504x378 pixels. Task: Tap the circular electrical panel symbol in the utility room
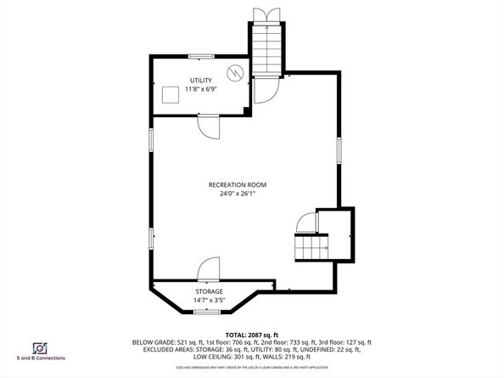point(237,71)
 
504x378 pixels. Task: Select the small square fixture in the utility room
point(171,94)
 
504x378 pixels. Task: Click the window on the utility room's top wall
point(200,56)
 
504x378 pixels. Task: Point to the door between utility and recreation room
point(208,125)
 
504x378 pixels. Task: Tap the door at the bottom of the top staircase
point(266,87)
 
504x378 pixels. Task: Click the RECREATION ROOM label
point(238,184)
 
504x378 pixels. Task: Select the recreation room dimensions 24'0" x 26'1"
point(238,194)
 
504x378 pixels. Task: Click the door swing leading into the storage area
point(208,270)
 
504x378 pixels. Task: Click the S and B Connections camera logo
point(39,348)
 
